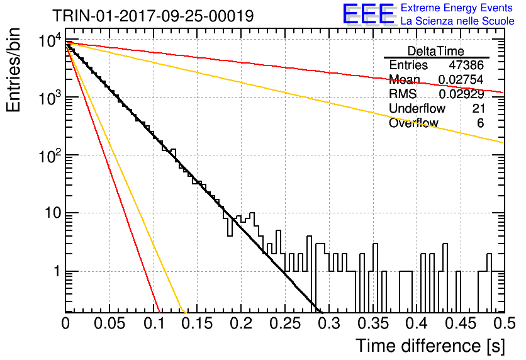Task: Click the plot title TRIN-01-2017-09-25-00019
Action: click(153, 16)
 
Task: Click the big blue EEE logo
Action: click(368, 14)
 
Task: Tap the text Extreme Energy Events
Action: click(457, 8)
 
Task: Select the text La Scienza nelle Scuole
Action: click(457, 21)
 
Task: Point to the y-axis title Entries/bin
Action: click(13, 70)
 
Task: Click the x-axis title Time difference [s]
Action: click(430, 346)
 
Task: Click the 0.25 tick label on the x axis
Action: click(285, 323)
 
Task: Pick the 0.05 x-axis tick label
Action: click(109, 323)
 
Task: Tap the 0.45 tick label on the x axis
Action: click(461, 323)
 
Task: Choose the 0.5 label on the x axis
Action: click(504, 323)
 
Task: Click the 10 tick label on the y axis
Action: click(53, 213)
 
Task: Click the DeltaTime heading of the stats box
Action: click(436, 51)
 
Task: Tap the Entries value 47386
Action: click(466, 65)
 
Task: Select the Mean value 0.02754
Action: click(461, 79)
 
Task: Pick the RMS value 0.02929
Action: click(461, 94)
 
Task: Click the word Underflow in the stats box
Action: click(417, 108)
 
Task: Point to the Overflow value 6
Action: click(480, 123)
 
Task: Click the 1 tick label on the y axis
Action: click(57, 271)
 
